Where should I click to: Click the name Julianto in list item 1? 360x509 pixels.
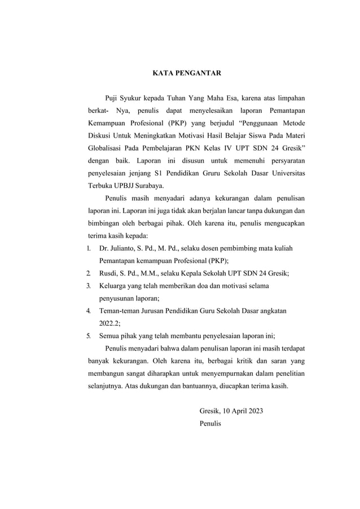126,248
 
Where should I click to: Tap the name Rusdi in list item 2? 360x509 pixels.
109,273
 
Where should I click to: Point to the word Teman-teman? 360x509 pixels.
122,311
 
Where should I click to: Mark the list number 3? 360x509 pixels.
89,286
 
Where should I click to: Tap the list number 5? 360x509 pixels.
89,337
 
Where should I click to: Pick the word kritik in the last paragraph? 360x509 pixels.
228,362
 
